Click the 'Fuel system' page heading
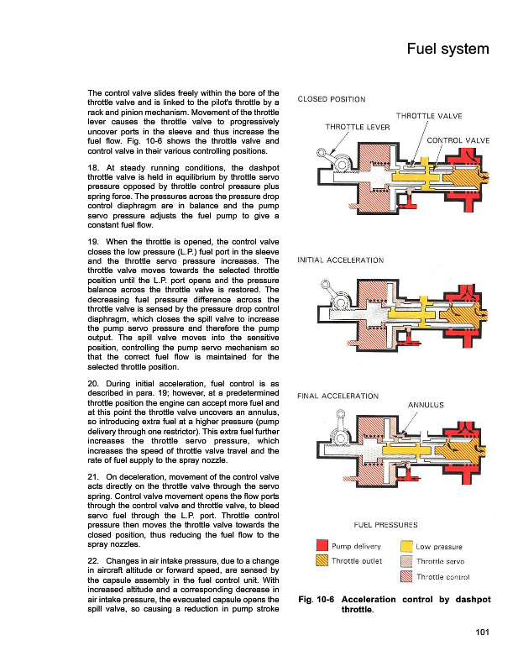447,49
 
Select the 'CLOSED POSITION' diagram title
332,100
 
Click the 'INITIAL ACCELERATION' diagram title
341,260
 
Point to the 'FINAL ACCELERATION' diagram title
337,395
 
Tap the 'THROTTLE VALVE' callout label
428,116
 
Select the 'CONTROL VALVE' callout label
458,139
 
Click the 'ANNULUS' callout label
425,405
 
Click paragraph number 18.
93,169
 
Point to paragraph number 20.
93,384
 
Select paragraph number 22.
93,560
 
